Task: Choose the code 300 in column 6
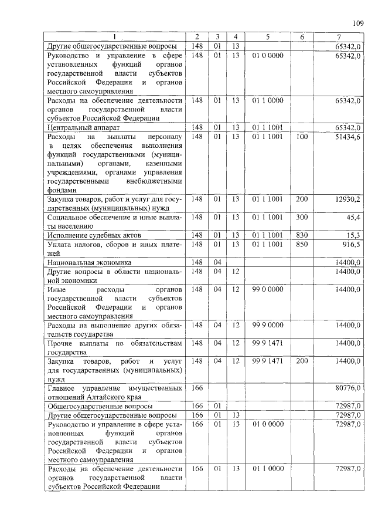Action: click(302, 217)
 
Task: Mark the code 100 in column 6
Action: click(302, 136)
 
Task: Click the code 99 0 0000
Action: click(268, 289)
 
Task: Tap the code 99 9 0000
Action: click(268, 325)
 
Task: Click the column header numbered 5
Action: click(268, 37)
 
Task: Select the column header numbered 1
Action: click(115, 37)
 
